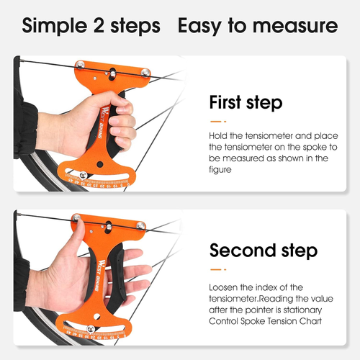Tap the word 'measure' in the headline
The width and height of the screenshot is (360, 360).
click(297, 27)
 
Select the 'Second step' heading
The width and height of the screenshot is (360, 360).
click(263, 251)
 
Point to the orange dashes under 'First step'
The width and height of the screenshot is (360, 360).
click(218, 120)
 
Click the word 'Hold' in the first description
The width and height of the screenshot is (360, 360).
click(220, 135)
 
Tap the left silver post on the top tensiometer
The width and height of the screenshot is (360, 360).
click(81, 66)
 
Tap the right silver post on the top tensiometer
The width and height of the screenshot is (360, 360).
click(146, 72)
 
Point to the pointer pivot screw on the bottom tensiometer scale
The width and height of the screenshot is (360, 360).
click(89, 329)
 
